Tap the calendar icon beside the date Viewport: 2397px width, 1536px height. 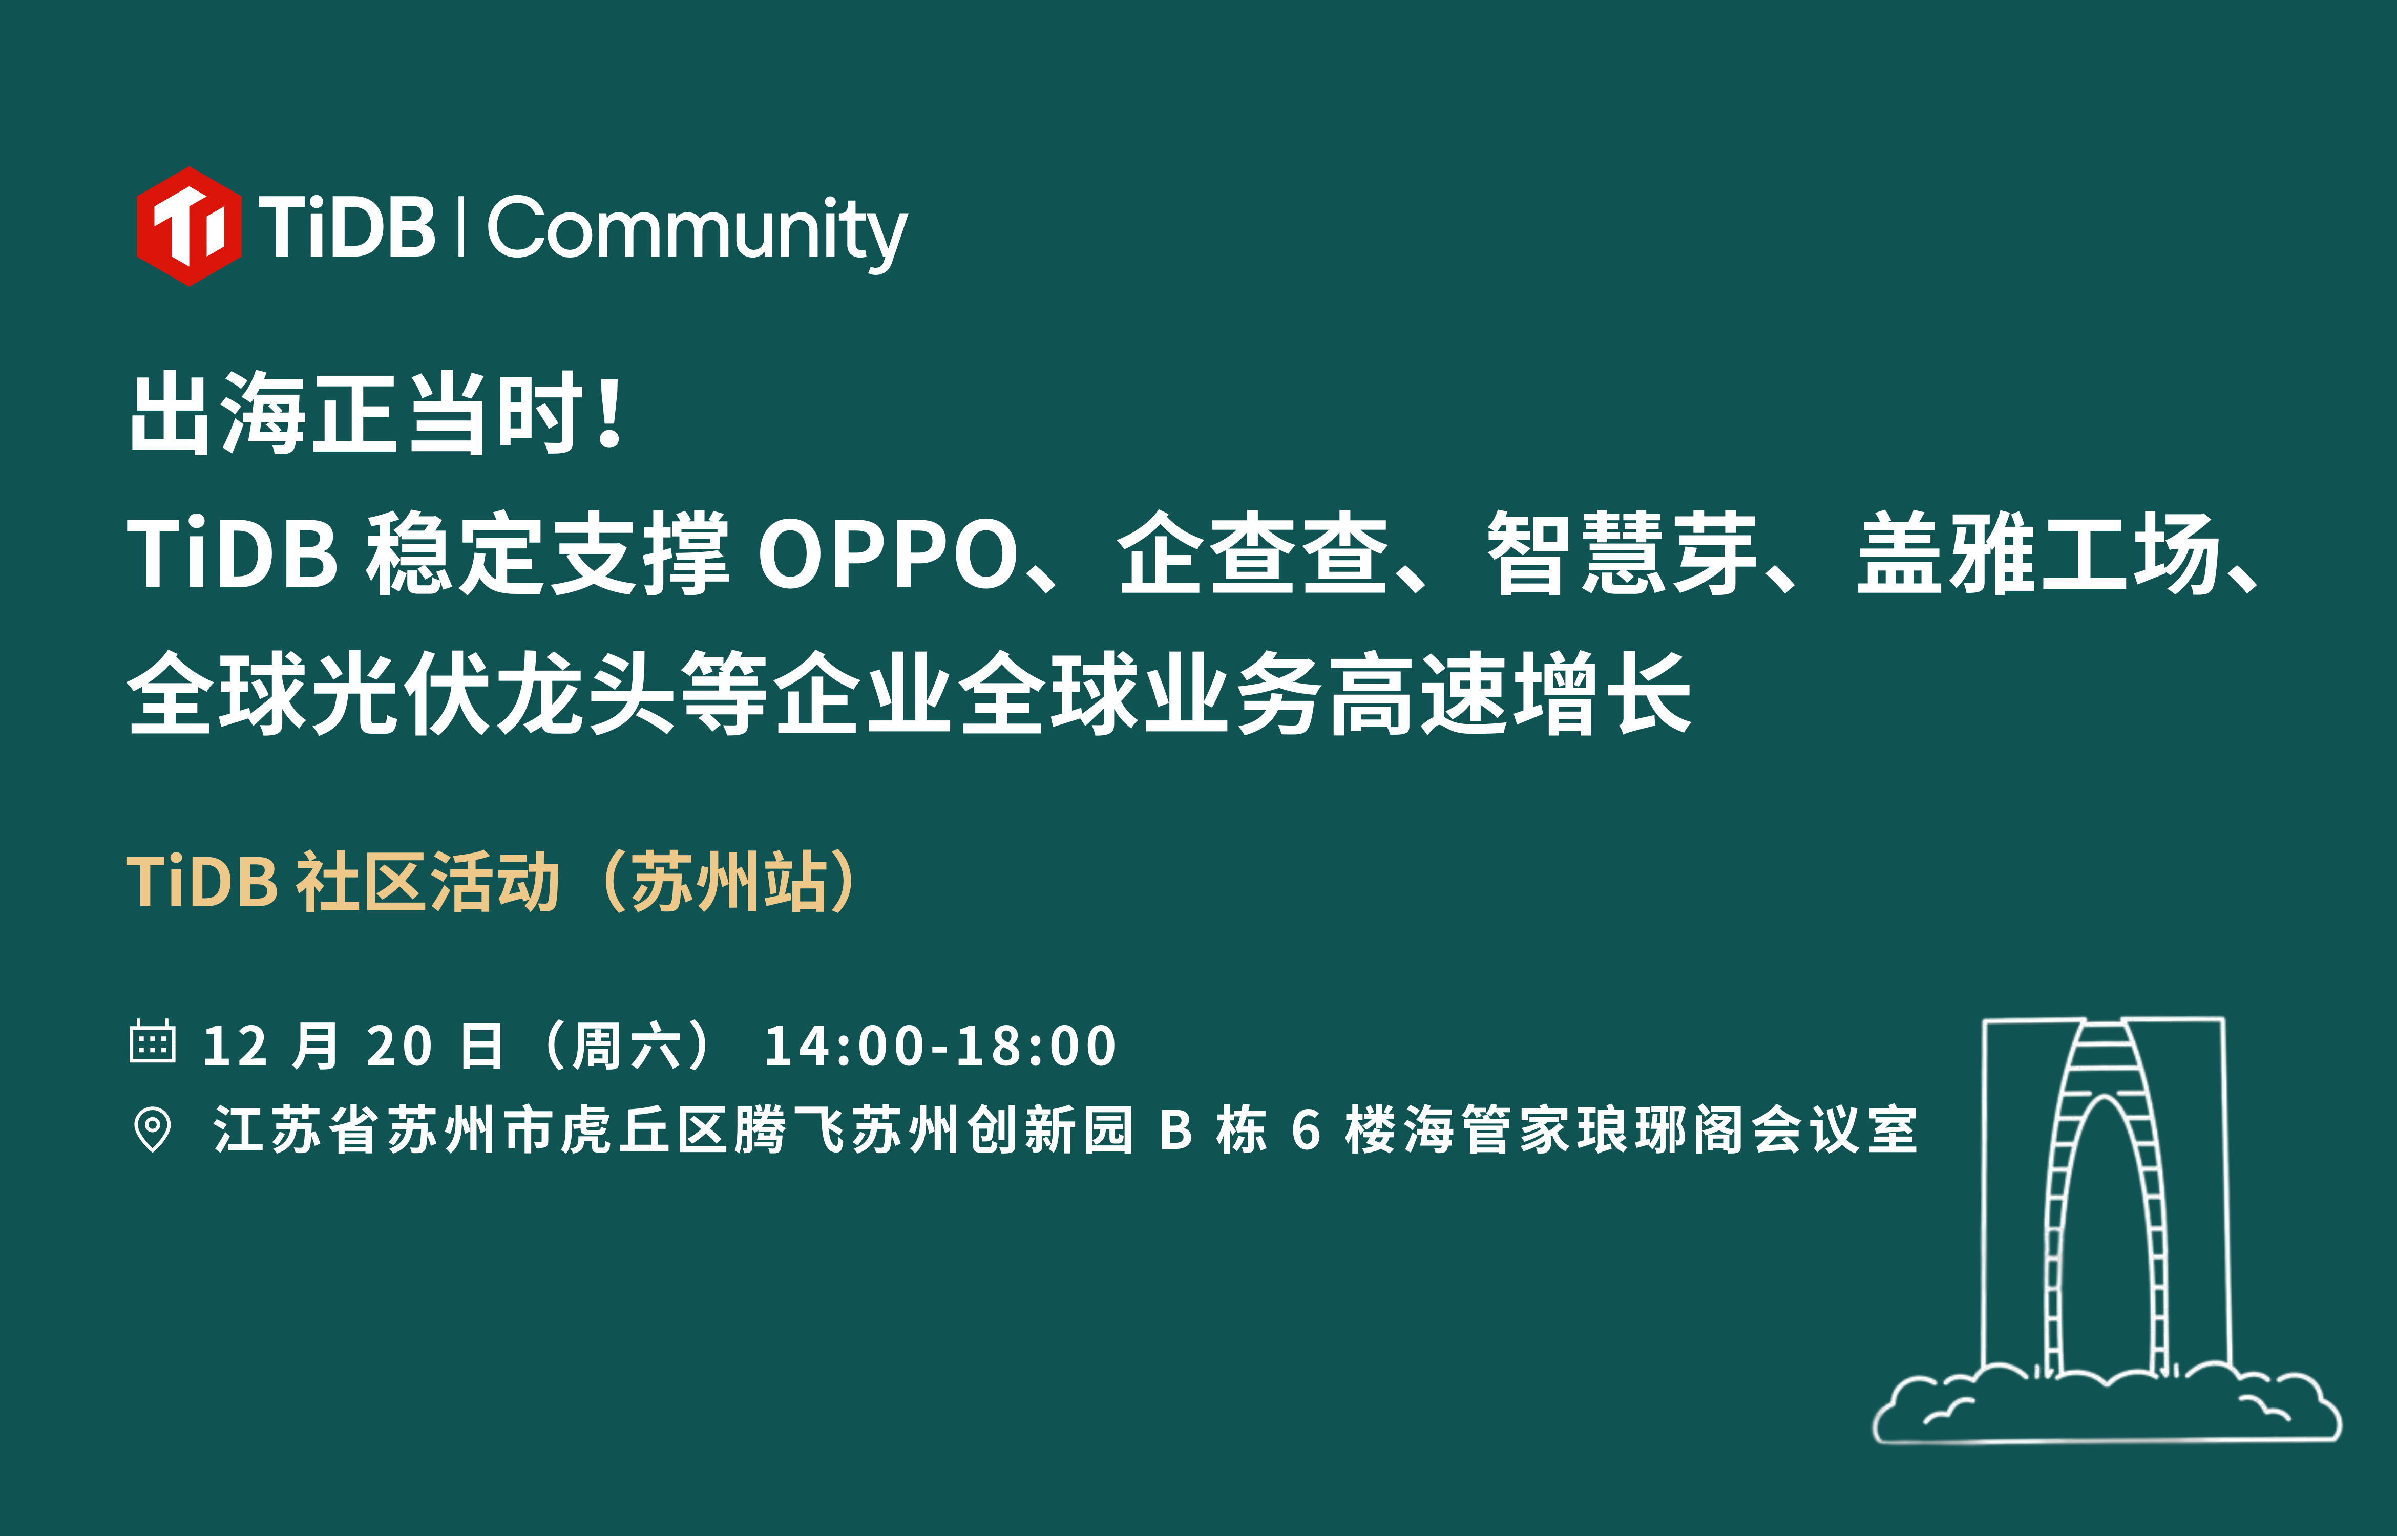pos(153,1042)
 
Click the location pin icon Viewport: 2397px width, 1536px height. pos(153,1130)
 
